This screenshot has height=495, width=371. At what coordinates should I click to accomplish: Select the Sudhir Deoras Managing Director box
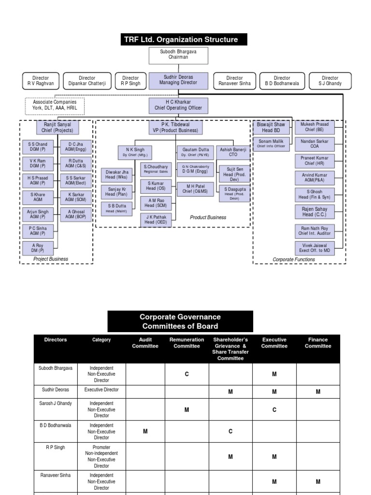click(x=178, y=80)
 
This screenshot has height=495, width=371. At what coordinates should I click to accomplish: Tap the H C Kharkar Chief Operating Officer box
click(x=177, y=105)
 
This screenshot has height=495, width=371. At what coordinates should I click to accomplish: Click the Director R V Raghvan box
click(x=41, y=80)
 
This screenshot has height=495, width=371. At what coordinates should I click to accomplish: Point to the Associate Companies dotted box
click(x=55, y=105)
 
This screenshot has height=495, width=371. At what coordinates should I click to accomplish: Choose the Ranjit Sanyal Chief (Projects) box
click(x=57, y=128)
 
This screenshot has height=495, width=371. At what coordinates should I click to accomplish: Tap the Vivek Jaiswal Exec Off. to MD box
click(x=314, y=248)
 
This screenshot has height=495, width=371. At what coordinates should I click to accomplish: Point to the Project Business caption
click(x=51, y=259)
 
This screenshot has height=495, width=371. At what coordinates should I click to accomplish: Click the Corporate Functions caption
click(x=294, y=260)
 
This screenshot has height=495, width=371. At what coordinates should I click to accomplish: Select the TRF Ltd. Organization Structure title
click(x=185, y=40)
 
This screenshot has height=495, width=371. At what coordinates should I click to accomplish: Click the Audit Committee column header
click(x=145, y=343)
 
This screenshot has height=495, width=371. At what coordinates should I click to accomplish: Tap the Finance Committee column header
click(x=318, y=343)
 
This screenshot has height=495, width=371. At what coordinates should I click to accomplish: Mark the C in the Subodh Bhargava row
click(x=186, y=374)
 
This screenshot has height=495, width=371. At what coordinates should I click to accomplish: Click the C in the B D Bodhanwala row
click(x=230, y=432)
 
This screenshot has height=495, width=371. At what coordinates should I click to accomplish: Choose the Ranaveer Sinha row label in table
click(x=55, y=475)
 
